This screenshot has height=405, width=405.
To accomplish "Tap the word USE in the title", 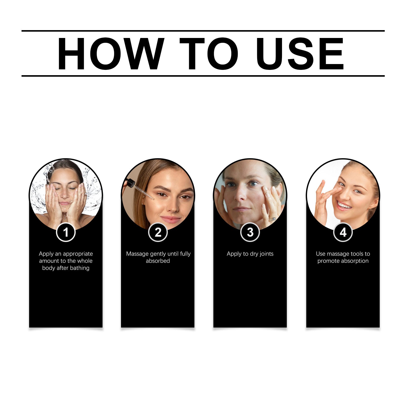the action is click(x=300, y=54).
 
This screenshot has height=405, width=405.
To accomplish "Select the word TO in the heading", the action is click(x=209, y=54).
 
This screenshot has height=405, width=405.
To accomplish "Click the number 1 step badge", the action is click(x=66, y=232).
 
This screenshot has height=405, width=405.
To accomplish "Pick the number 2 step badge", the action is click(x=158, y=232).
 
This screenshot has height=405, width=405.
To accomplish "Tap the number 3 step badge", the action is click(x=250, y=232).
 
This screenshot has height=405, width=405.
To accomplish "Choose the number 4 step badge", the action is click(x=343, y=232).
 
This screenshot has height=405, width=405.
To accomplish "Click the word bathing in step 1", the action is click(x=79, y=268).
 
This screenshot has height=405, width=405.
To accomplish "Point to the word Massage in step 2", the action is click(x=137, y=254).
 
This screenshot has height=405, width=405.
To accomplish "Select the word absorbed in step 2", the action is click(x=158, y=261).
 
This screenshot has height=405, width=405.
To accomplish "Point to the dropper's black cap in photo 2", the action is click(x=130, y=183).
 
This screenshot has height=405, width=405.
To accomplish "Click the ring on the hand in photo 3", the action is click(x=273, y=219).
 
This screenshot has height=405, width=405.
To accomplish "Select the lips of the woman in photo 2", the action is click(x=170, y=219).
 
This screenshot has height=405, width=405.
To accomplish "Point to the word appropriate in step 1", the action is click(x=78, y=254).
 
